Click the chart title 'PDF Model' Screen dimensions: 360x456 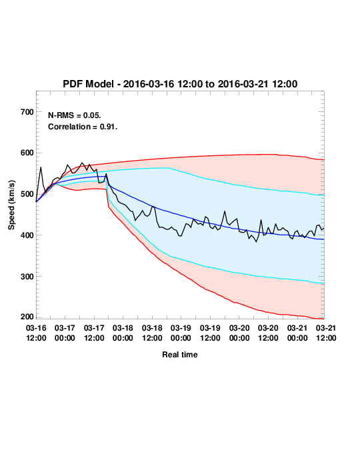coord(88,84)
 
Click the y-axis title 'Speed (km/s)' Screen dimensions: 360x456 coord(11,205)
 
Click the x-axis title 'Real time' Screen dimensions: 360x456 coord(180,355)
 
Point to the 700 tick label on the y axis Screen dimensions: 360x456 coord(27,112)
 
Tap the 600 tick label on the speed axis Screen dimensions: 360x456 coord(27,153)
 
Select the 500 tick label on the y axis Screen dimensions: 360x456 coord(27,194)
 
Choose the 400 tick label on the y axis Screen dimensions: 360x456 coord(27,235)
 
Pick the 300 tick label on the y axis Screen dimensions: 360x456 coord(27,277)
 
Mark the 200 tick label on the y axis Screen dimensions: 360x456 coord(27,317)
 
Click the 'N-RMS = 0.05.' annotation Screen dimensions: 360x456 coord(75,115)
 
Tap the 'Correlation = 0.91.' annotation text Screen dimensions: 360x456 coord(83,127)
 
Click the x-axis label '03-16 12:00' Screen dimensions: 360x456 coord(36,333)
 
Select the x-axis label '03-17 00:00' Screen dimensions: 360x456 coord(65,333)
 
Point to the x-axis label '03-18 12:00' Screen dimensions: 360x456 coord(152,333)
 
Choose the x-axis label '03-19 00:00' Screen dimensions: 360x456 coord(181,333)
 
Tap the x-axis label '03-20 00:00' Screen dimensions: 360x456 coord(239,333)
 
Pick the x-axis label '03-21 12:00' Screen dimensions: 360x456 coord(326,333)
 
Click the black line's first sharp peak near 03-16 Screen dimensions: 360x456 coord(41,167)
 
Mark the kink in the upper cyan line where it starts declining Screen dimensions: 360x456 coord(169,168)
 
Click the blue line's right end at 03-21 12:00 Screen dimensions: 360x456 coord(324,239)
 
